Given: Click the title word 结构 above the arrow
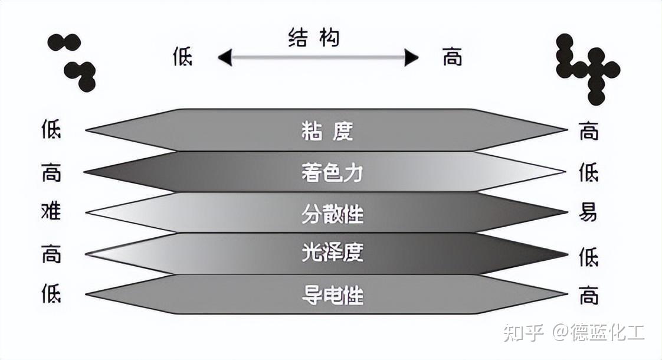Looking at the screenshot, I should click(314, 38).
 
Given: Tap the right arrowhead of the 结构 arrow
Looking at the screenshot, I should click(412, 58).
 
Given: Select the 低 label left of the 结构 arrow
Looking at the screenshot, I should click(183, 57).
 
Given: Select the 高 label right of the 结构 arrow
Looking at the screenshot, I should click(453, 57).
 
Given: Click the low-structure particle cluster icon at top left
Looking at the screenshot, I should click(73, 61).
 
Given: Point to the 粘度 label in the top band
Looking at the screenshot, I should click(327, 131).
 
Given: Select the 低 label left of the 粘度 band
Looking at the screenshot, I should click(51, 130).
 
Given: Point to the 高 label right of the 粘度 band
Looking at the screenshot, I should click(588, 132).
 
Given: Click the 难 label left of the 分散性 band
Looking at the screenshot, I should click(51, 212).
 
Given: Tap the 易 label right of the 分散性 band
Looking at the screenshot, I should click(588, 213).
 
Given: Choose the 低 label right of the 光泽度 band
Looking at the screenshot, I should click(588, 257).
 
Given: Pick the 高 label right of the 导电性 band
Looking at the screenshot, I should click(588, 295).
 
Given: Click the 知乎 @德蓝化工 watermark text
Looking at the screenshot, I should click(573, 333).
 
